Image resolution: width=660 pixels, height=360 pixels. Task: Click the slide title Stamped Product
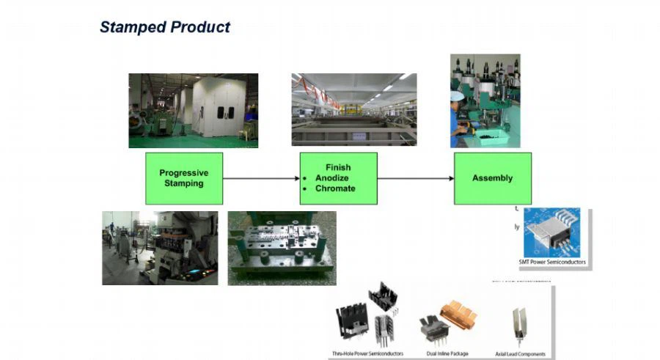tap(164, 28)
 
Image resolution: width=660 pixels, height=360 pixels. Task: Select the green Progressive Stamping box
tap(183, 178)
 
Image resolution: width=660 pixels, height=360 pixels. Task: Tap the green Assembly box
tap(492, 178)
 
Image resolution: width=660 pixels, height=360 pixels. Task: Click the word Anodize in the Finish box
tap(331, 178)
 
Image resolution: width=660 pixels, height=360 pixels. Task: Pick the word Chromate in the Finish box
tap(335, 188)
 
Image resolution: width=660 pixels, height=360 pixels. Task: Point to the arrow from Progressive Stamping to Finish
tap(260, 178)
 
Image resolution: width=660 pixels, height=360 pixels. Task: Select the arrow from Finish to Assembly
tap(415, 178)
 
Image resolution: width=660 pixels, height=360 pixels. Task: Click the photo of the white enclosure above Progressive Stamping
tap(193, 110)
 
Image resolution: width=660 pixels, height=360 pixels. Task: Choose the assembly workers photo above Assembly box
tap(484, 100)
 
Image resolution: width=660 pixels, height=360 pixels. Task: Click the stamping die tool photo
tap(282, 248)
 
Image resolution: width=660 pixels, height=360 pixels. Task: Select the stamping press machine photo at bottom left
tap(160, 248)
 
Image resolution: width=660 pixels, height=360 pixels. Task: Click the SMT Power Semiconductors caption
tap(552, 262)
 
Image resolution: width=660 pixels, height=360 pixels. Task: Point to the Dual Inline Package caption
tap(444, 353)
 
